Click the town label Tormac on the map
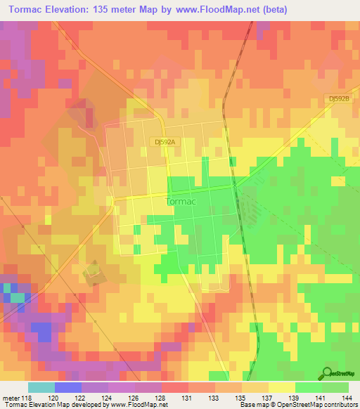[179, 201]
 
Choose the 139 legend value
[295, 396]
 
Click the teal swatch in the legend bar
[41, 387]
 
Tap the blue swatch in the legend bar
[68, 387]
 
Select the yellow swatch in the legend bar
[281, 387]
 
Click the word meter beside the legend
[10, 396]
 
